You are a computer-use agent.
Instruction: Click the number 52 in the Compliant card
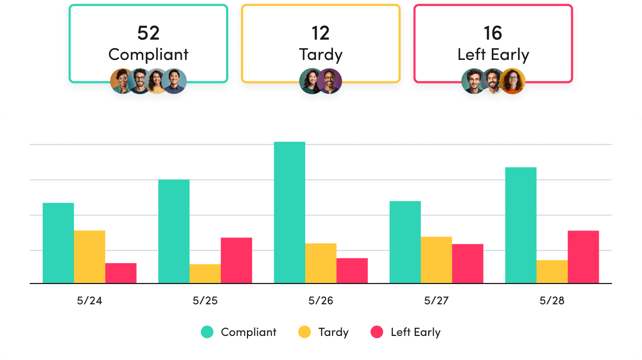pyautogui.click(x=148, y=33)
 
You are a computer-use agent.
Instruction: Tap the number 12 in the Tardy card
pyautogui.click(x=320, y=33)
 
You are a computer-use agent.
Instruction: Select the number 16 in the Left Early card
pyautogui.click(x=492, y=33)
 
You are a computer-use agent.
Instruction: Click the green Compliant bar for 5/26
pyautogui.click(x=289, y=212)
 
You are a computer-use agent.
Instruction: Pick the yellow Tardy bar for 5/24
pyautogui.click(x=89, y=257)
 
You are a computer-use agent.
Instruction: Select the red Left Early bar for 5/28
pyautogui.click(x=583, y=257)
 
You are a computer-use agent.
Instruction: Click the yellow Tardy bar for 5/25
pyautogui.click(x=205, y=273)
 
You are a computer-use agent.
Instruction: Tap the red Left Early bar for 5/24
pyautogui.click(x=121, y=273)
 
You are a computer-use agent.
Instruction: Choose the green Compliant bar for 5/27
pyautogui.click(x=405, y=242)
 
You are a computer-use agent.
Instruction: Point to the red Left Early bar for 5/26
pyautogui.click(x=352, y=271)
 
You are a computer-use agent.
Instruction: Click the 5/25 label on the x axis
pyautogui.click(x=205, y=301)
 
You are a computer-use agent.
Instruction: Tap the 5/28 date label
pyautogui.click(x=552, y=301)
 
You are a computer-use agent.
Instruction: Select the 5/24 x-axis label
pyautogui.click(x=89, y=301)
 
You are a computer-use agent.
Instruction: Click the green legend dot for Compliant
pyautogui.click(x=207, y=332)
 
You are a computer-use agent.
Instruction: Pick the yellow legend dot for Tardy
pyautogui.click(x=304, y=332)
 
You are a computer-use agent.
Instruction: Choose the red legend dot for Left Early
pyautogui.click(x=377, y=332)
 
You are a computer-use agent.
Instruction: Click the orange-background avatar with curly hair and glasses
pyautogui.click(x=513, y=81)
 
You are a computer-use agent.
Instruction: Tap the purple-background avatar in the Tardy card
pyautogui.click(x=329, y=81)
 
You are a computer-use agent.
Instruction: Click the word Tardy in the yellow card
pyautogui.click(x=320, y=55)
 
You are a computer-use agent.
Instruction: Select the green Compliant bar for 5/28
pyautogui.click(x=521, y=225)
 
